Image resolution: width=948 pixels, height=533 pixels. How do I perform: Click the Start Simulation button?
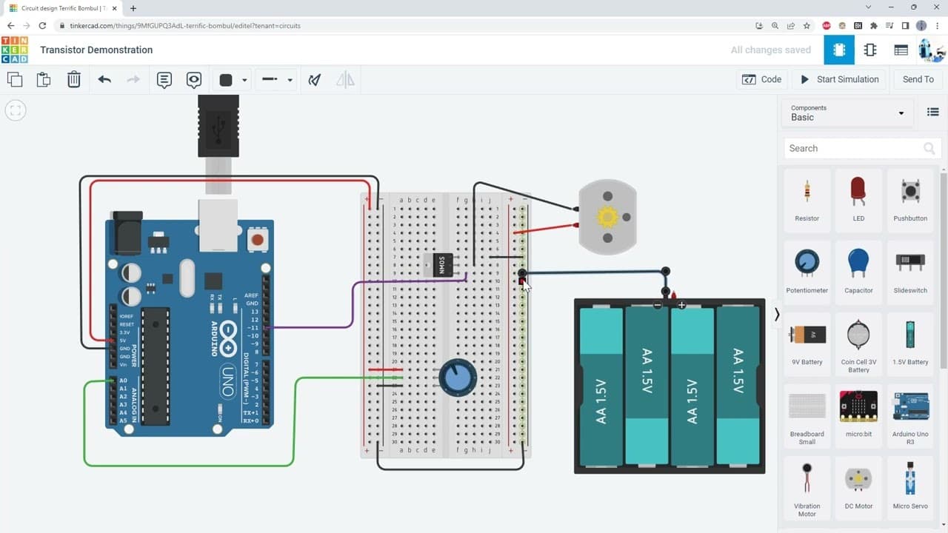point(840,79)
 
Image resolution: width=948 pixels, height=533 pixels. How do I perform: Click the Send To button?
point(918,79)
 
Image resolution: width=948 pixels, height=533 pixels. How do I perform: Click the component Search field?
point(852,148)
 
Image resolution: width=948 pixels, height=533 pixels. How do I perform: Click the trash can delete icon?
point(74,79)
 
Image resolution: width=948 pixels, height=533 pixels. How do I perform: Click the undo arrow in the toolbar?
point(104,79)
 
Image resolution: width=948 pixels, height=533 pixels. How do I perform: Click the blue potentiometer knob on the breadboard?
point(458,378)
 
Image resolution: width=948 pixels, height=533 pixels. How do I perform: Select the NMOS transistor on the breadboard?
point(442,265)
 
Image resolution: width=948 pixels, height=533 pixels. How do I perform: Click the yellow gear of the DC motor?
point(607,217)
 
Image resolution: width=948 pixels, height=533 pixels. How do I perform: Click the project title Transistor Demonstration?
point(96,50)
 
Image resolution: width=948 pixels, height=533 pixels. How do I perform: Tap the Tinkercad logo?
point(15,50)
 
